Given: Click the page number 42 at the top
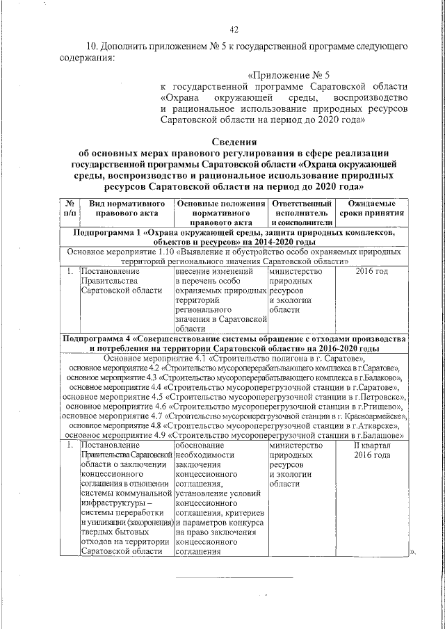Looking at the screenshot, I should pyautogui.click(x=234, y=28).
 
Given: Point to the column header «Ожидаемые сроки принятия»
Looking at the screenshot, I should pyautogui.click(x=373, y=207).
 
